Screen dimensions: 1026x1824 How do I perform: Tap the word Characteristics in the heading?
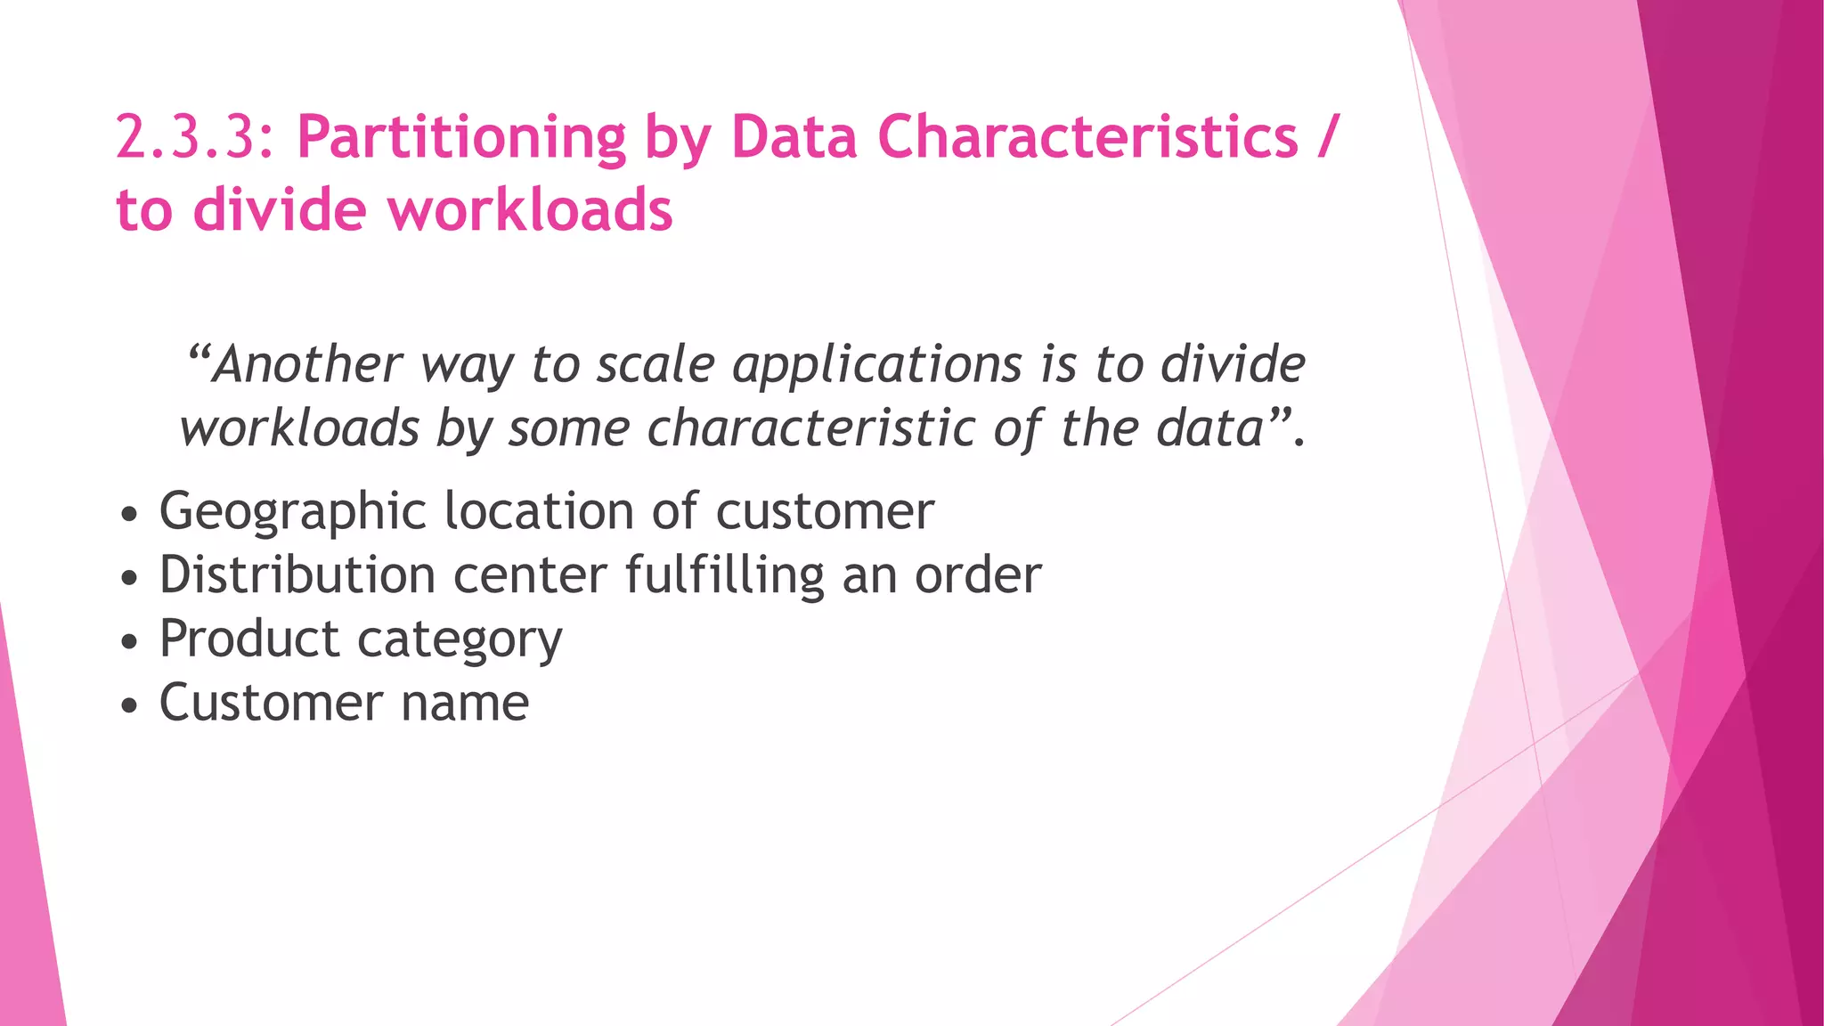(x=1087, y=138)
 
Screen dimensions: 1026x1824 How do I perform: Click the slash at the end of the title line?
(x=1328, y=138)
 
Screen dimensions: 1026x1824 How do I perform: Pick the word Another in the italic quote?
(x=307, y=364)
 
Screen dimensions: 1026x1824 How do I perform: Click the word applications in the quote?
(x=877, y=366)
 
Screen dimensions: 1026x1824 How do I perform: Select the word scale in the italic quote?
(x=655, y=364)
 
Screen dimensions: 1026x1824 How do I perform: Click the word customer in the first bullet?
(x=825, y=512)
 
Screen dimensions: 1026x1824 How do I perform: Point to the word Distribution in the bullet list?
(x=297, y=574)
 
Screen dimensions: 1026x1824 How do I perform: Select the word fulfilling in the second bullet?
(x=725, y=576)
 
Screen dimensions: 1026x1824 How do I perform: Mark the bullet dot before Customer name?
(x=130, y=706)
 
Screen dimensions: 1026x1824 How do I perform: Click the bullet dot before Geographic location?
(x=130, y=515)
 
